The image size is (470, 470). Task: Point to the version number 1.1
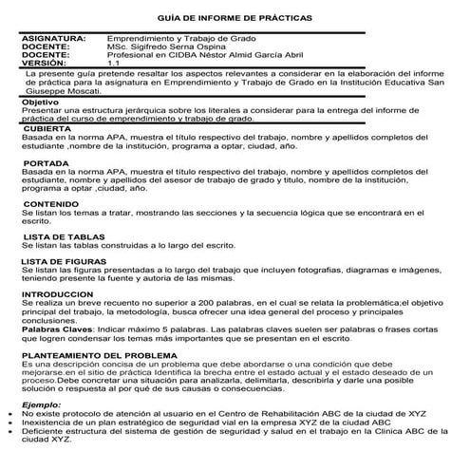tap(113, 63)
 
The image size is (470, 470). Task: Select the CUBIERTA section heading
tap(47, 127)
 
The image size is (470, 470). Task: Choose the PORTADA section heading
tap(46, 163)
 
